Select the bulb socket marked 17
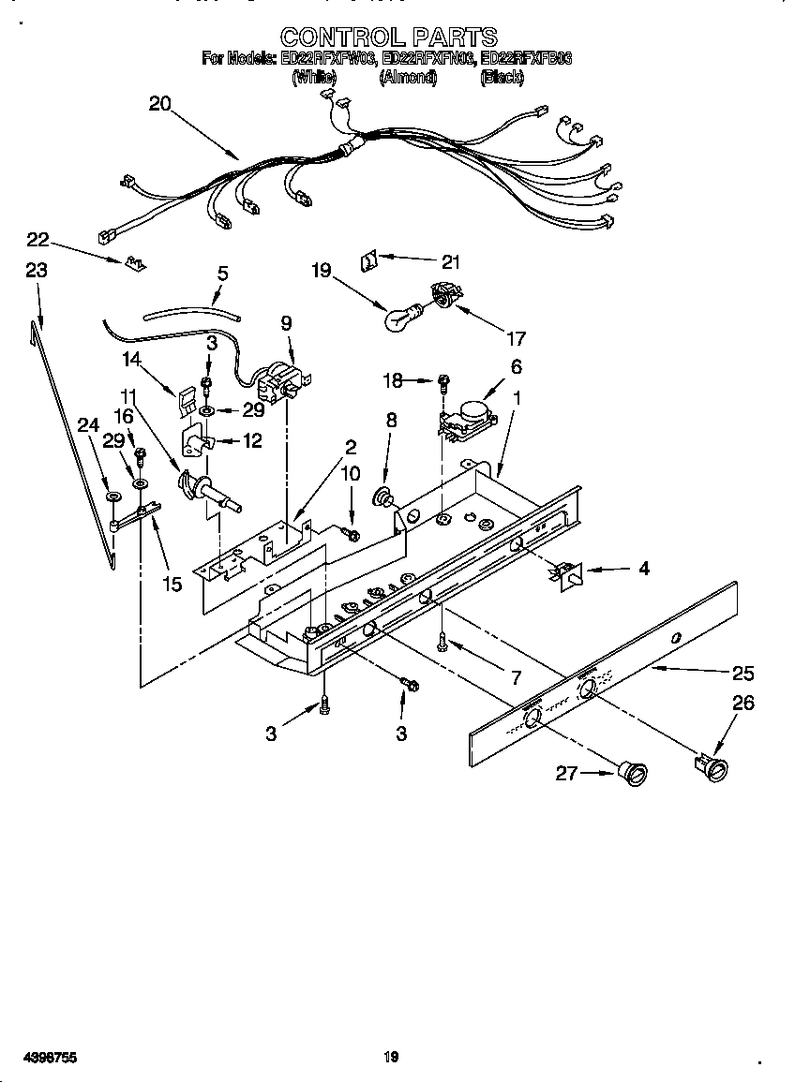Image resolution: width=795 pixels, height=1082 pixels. click(443, 299)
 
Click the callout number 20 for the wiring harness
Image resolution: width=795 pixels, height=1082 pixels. click(160, 104)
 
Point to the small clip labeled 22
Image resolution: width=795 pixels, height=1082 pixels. click(136, 262)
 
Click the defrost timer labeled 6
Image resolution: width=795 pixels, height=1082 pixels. click(466, 413)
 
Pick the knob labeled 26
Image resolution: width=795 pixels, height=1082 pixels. click(714, 766)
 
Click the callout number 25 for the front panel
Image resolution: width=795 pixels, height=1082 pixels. click(742, 673)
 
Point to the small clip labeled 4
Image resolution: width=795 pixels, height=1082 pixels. click(566, 573)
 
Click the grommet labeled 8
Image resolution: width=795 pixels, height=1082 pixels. click(383, 496)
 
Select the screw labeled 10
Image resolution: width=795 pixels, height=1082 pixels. click(352, 533)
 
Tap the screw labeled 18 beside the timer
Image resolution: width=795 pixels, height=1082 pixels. click(443, 381)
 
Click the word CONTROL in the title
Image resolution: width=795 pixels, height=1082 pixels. click(340, 37)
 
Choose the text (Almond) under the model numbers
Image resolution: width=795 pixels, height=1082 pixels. click(408, 79)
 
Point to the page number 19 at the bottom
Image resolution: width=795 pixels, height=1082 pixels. click(392, 1058)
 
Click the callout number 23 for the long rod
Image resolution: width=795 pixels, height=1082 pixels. click(36, 270)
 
